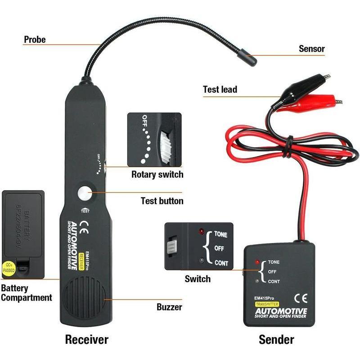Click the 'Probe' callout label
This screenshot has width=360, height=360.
click(x=35, y=40)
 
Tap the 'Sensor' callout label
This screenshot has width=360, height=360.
click(x=311, y=49)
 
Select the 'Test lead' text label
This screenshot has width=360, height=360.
click(x=220, y=89)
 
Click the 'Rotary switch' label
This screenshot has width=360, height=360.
click(x=157, y=174)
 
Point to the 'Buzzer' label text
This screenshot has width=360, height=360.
click(x=169, y=307)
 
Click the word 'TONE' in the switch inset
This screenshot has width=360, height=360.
click(x=220, y=234)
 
